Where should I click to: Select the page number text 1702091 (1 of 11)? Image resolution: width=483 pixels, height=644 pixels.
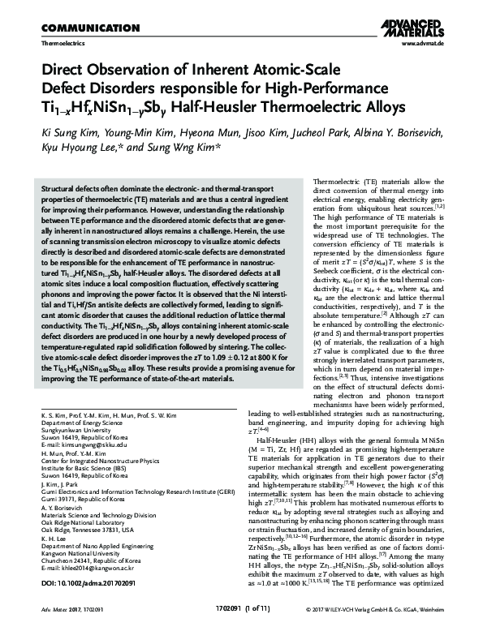point(241,630)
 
